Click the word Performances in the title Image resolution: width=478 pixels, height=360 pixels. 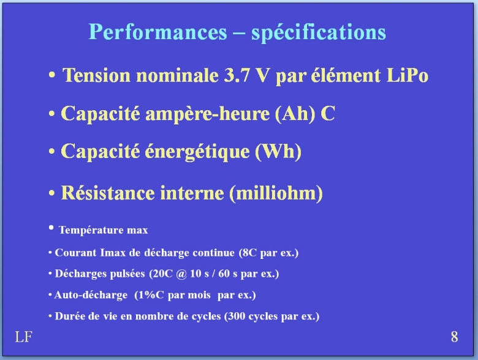(x=158, y=32)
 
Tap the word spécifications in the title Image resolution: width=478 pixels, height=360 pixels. (x=319, y=33)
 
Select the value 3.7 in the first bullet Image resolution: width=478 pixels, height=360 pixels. (x=237, y=75)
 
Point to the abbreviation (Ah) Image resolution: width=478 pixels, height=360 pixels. (x=295, y=114)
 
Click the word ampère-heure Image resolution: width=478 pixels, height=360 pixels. (x=207, y=114)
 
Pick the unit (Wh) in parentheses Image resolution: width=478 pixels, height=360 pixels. (x=278, y=151)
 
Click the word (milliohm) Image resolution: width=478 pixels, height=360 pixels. (x=276, y=193)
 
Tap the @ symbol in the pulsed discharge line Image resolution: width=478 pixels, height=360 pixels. (x=181, y=274)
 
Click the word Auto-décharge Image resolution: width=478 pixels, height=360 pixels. (x=91, y=295)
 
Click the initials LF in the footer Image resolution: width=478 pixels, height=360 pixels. (x=23, y=337)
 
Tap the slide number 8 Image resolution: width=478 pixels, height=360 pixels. (x=454, y=337)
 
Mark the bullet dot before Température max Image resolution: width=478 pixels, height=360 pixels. (x=51, y=228)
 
